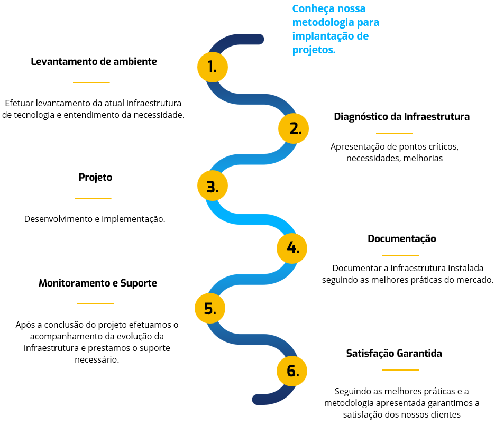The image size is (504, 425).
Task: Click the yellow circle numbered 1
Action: coord(213,67)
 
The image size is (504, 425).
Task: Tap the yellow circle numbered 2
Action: coord(294,128)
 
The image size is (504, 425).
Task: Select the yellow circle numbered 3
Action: coord(213,186)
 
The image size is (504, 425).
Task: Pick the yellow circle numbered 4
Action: coord(292,248)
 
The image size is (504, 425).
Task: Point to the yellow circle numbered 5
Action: coord(210,308)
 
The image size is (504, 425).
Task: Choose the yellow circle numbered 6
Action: coord(292,371)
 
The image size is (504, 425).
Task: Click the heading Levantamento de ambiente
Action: coord(94,61)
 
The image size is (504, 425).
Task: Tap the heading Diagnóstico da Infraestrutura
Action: coord(402,117)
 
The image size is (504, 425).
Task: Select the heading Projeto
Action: coord(96,177)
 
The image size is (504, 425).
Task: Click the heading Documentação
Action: coord(402,239)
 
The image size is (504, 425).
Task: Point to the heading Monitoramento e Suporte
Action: coord(98,283)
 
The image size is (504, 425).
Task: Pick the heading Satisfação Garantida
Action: coord(394,353)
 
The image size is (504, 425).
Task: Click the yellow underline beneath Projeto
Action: coord(93,198)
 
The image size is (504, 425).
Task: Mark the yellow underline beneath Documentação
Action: coord(401,255)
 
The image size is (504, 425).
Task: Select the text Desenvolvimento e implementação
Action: coord(95,219)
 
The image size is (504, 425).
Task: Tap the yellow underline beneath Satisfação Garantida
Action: coord(401,369)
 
